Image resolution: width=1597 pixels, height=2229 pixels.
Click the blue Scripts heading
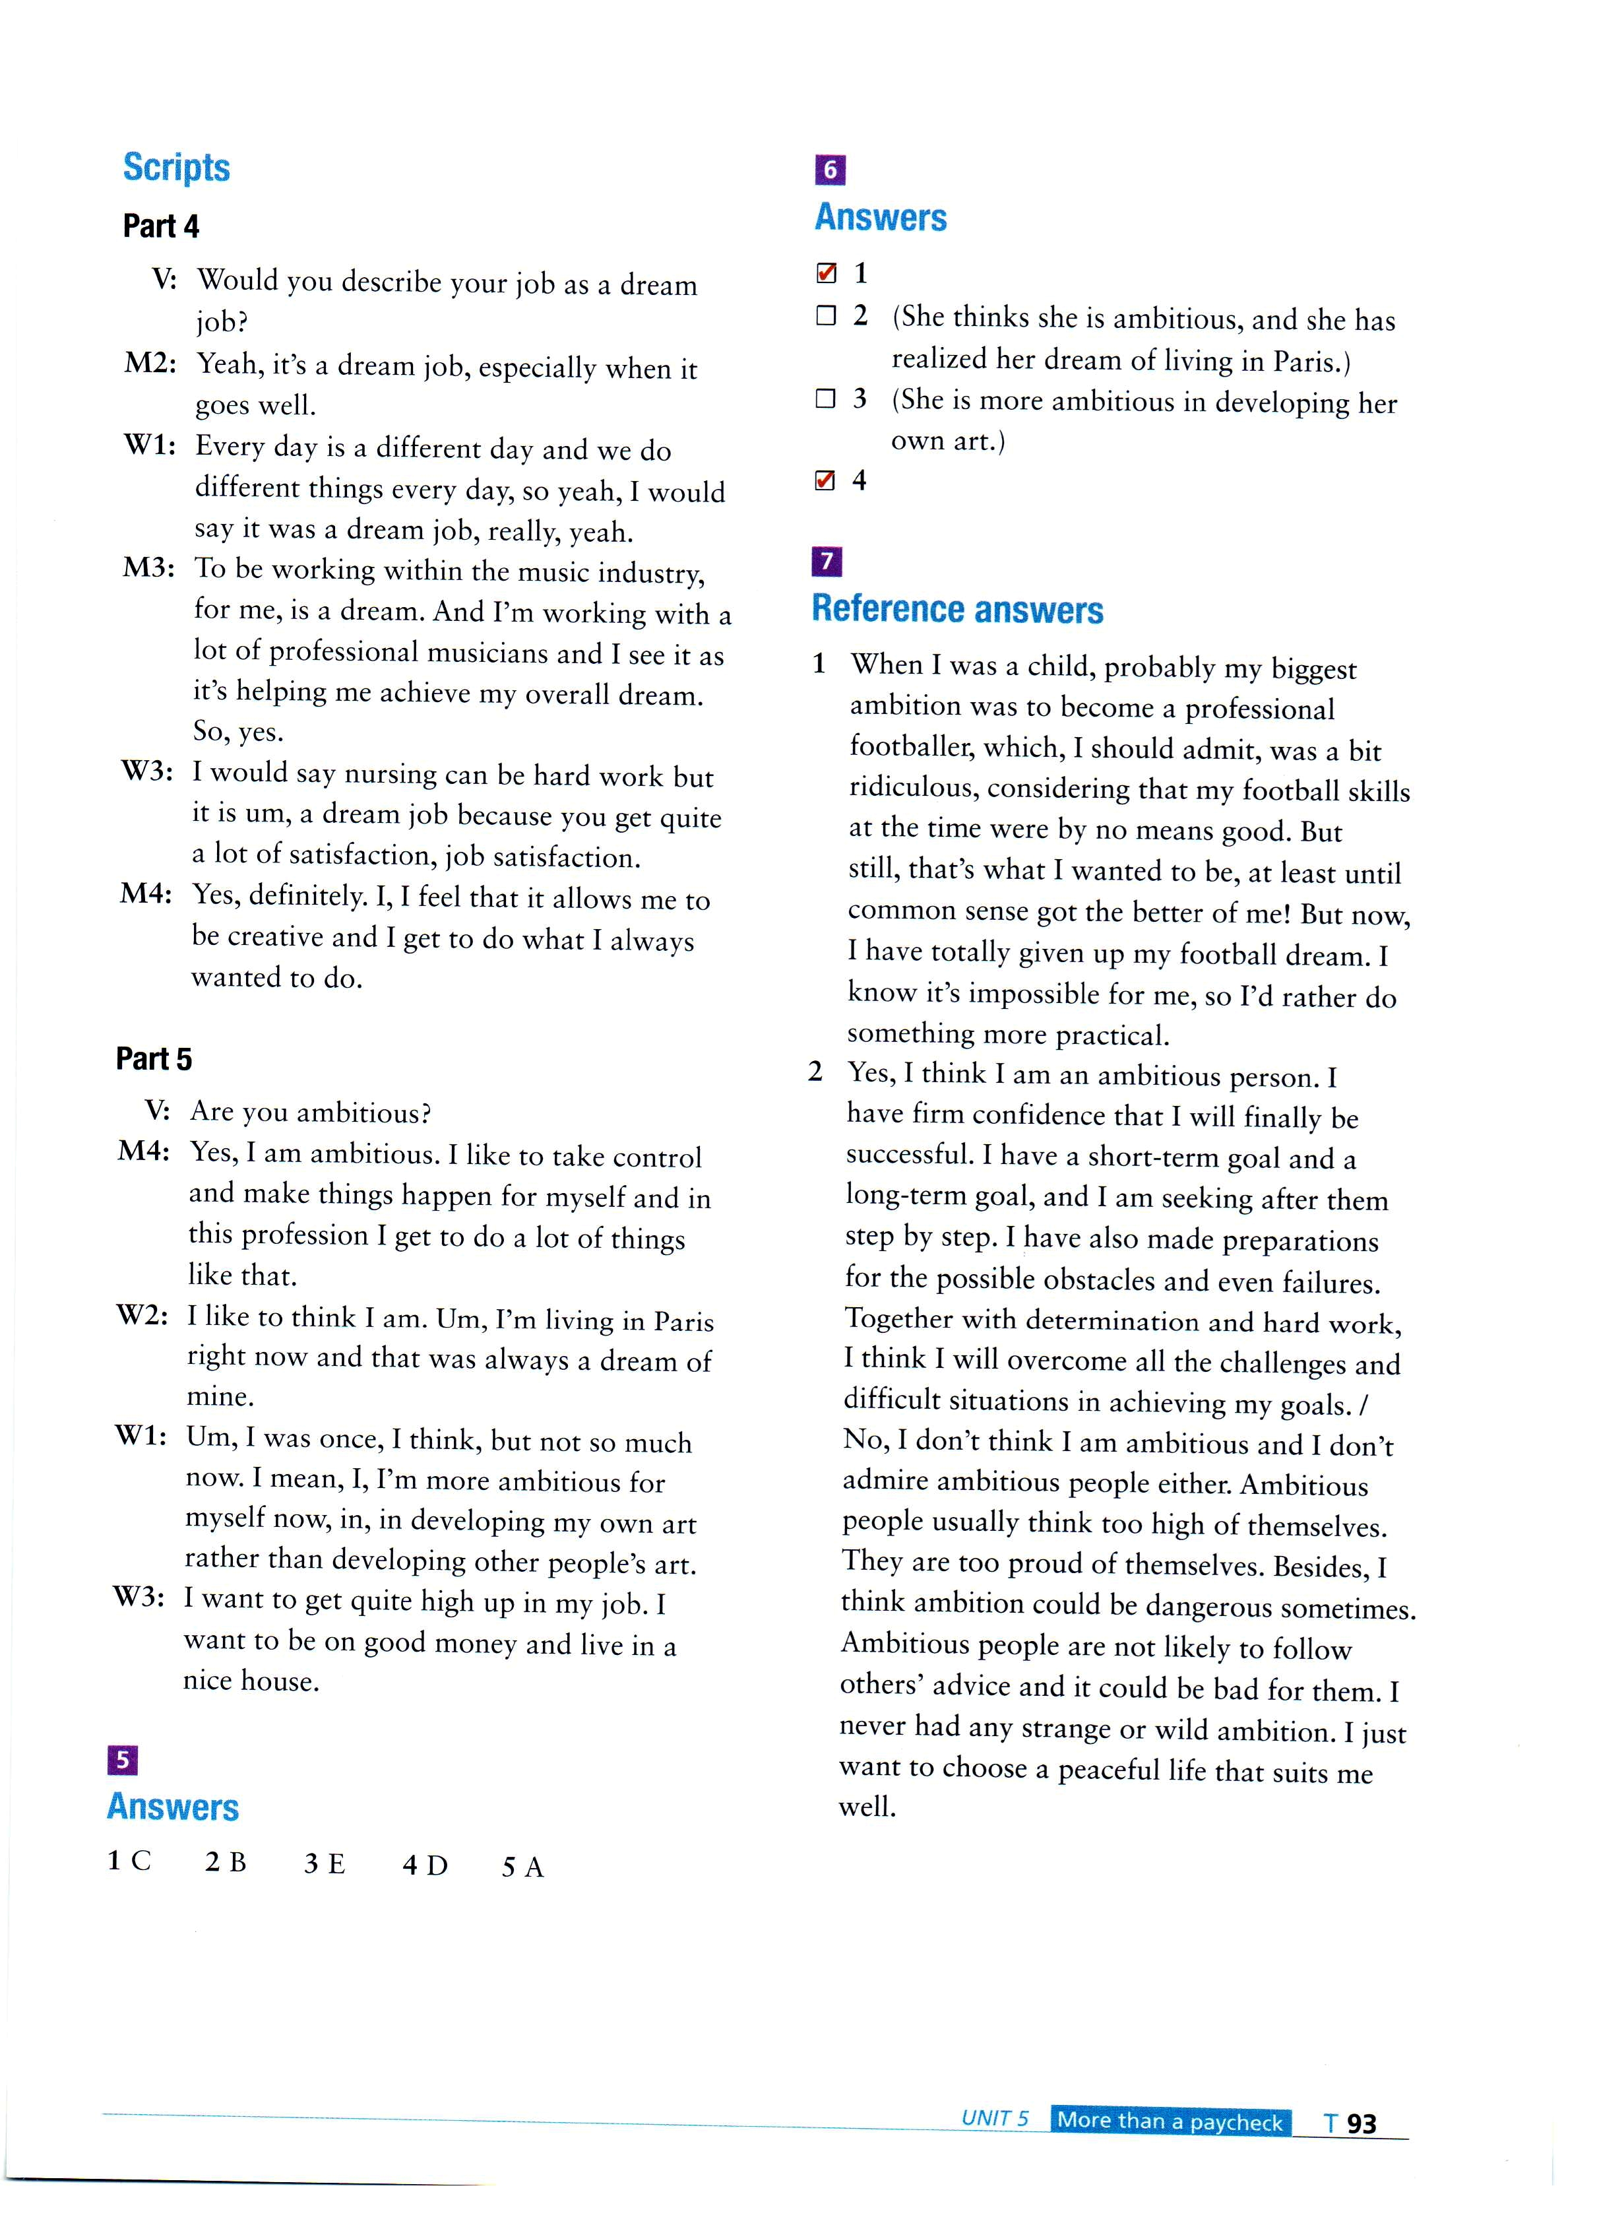[176, 168]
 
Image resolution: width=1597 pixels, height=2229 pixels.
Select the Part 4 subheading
[160, 227]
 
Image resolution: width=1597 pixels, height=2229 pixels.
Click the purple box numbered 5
[122, 1759]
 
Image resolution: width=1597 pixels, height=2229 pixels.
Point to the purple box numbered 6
[829, 170]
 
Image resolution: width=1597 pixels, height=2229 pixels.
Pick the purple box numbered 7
[827, 561]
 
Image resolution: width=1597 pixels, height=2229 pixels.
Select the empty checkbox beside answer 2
[825, 315]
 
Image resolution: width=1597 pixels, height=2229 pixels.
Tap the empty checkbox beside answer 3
[825, 398]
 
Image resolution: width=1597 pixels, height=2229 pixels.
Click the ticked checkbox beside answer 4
[825, 480]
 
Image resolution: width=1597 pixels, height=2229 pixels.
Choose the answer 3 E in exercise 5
[325, 1864]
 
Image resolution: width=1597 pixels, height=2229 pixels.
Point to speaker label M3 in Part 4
[148, 568]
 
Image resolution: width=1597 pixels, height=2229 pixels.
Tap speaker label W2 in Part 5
[142, 1315]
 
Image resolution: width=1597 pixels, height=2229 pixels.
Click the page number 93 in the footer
[1361, 2123]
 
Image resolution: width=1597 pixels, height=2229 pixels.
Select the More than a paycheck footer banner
[1170, 2121]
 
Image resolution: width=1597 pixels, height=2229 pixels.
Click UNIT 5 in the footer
[995, 2119]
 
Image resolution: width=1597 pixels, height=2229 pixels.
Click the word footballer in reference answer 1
[911, 747]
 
